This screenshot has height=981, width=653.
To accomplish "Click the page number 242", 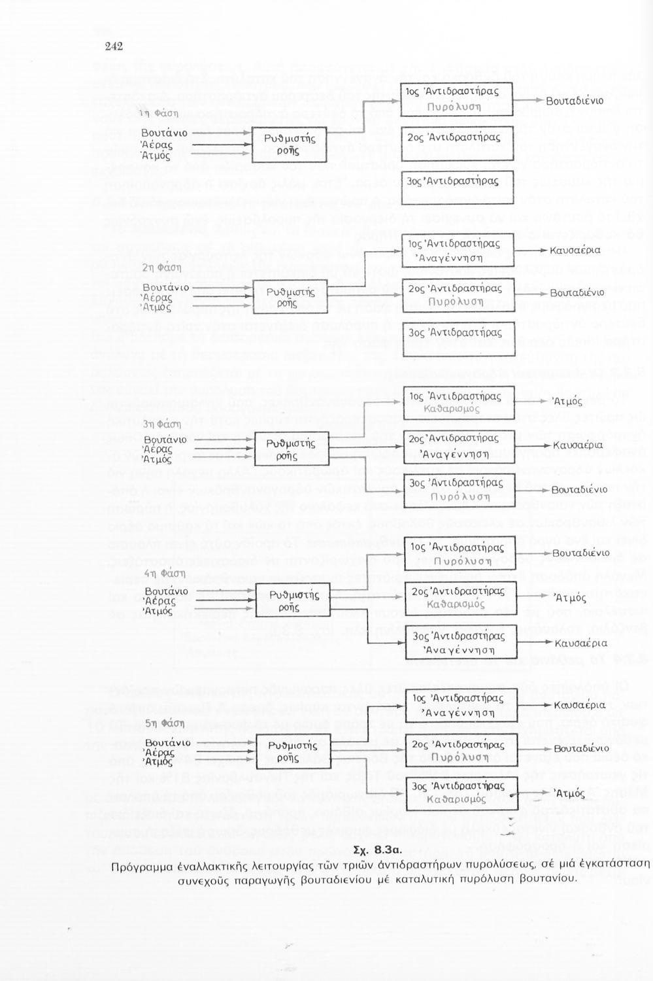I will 114,46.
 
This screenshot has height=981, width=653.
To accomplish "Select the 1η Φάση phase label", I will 155,112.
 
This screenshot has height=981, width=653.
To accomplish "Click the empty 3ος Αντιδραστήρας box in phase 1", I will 458,181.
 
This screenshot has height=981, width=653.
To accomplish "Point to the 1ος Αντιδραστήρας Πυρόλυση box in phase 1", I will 458,99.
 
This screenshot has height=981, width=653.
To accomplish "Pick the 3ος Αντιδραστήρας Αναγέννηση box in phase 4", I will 458,643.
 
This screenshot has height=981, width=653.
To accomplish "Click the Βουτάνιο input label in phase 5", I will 167,743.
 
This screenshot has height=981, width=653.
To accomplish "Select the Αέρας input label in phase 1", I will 157,144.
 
